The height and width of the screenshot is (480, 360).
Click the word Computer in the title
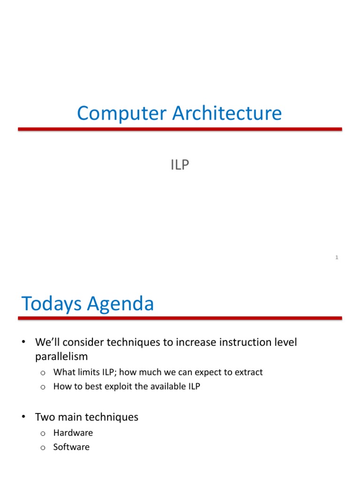[x=122, y=114]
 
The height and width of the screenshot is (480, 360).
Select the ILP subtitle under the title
[x=180, y=165]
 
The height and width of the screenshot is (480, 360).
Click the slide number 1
[x=337, y=257]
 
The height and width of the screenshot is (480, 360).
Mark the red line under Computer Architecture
[x=180, y=129]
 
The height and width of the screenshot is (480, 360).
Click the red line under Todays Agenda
[x=180, y=318]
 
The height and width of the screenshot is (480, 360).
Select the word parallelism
[x=61, y=357]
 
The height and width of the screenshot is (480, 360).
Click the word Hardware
[x=73, y=433]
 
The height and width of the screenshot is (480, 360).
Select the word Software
[x=71, y=447]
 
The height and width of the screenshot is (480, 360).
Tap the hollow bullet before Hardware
[x=43, y=434]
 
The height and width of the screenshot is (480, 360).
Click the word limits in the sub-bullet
[x=88, y=372]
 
